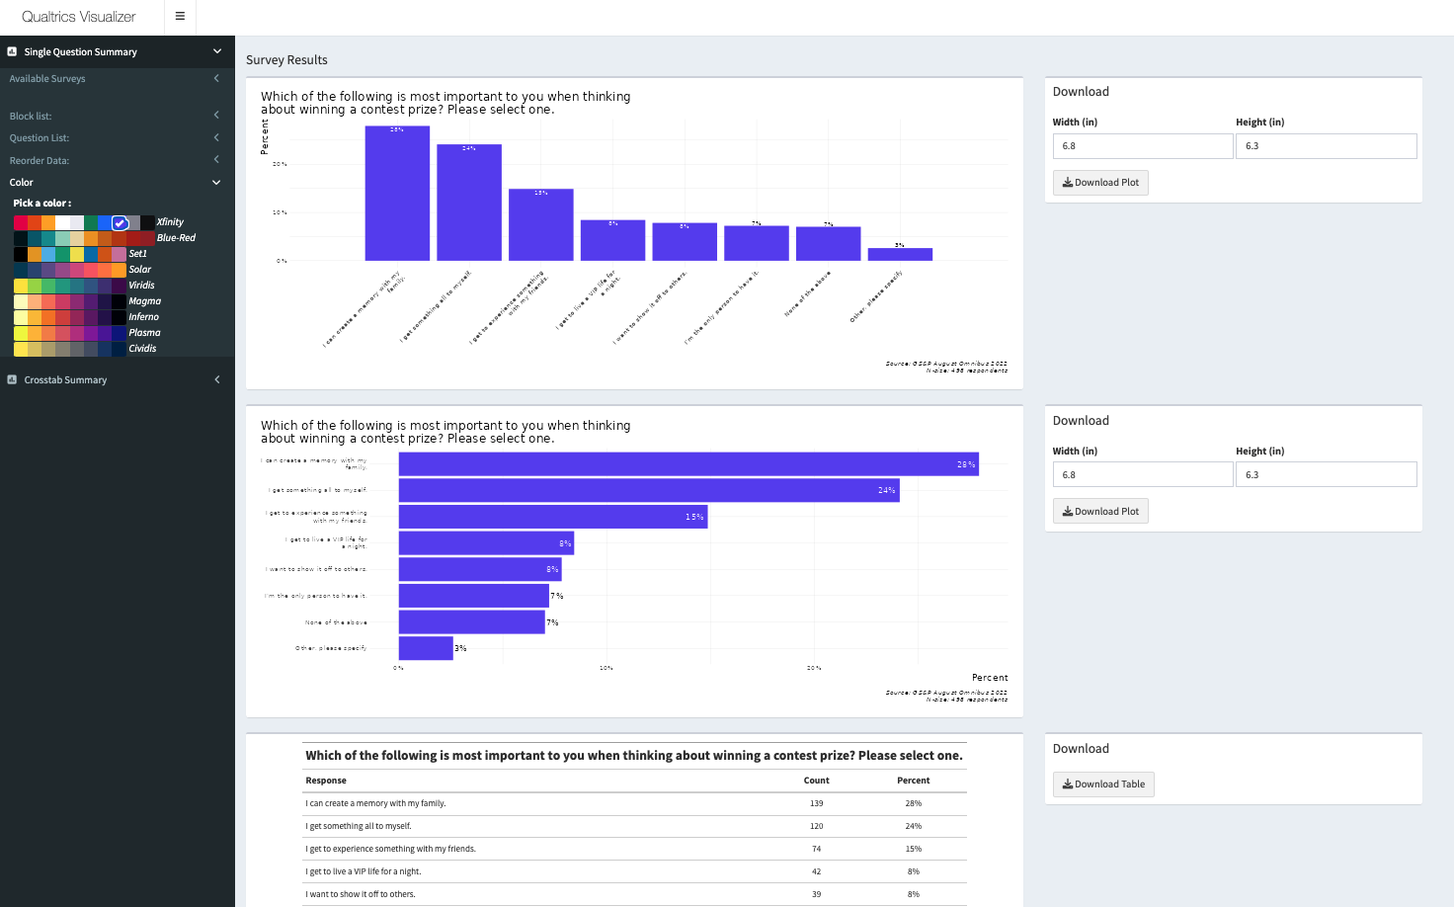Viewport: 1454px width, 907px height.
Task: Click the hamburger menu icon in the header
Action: point(180,16)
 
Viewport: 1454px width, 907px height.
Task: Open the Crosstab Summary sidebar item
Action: point(65,380)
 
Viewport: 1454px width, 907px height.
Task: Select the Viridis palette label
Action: point(141,286)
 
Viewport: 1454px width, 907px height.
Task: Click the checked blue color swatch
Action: point(120,223)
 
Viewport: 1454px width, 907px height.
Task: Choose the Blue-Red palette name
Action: point(176,238)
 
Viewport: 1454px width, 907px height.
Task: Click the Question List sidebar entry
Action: point(40,138)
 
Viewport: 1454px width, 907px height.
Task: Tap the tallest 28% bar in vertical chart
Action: point(397,194)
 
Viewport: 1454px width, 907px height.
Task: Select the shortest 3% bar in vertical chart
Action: point(900,255)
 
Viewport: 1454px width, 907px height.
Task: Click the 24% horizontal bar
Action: point(648,490)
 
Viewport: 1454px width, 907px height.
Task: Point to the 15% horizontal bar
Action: point(552,517)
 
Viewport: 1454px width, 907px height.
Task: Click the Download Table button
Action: point(1103,784)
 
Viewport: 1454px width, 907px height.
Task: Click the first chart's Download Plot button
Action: point(1100,183)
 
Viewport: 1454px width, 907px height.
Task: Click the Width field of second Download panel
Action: point(1142,475)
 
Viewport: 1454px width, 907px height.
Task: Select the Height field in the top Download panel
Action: point(1326,146)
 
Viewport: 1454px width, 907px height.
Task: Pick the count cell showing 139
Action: point(816,804)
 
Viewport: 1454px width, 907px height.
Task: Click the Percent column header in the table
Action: point(913,781)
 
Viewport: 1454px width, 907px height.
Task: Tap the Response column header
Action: point(326,781)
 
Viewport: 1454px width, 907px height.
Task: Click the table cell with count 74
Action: point(816,850)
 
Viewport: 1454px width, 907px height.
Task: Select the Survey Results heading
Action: point(286,60)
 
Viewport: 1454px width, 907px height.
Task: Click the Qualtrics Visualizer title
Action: point(79,17)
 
